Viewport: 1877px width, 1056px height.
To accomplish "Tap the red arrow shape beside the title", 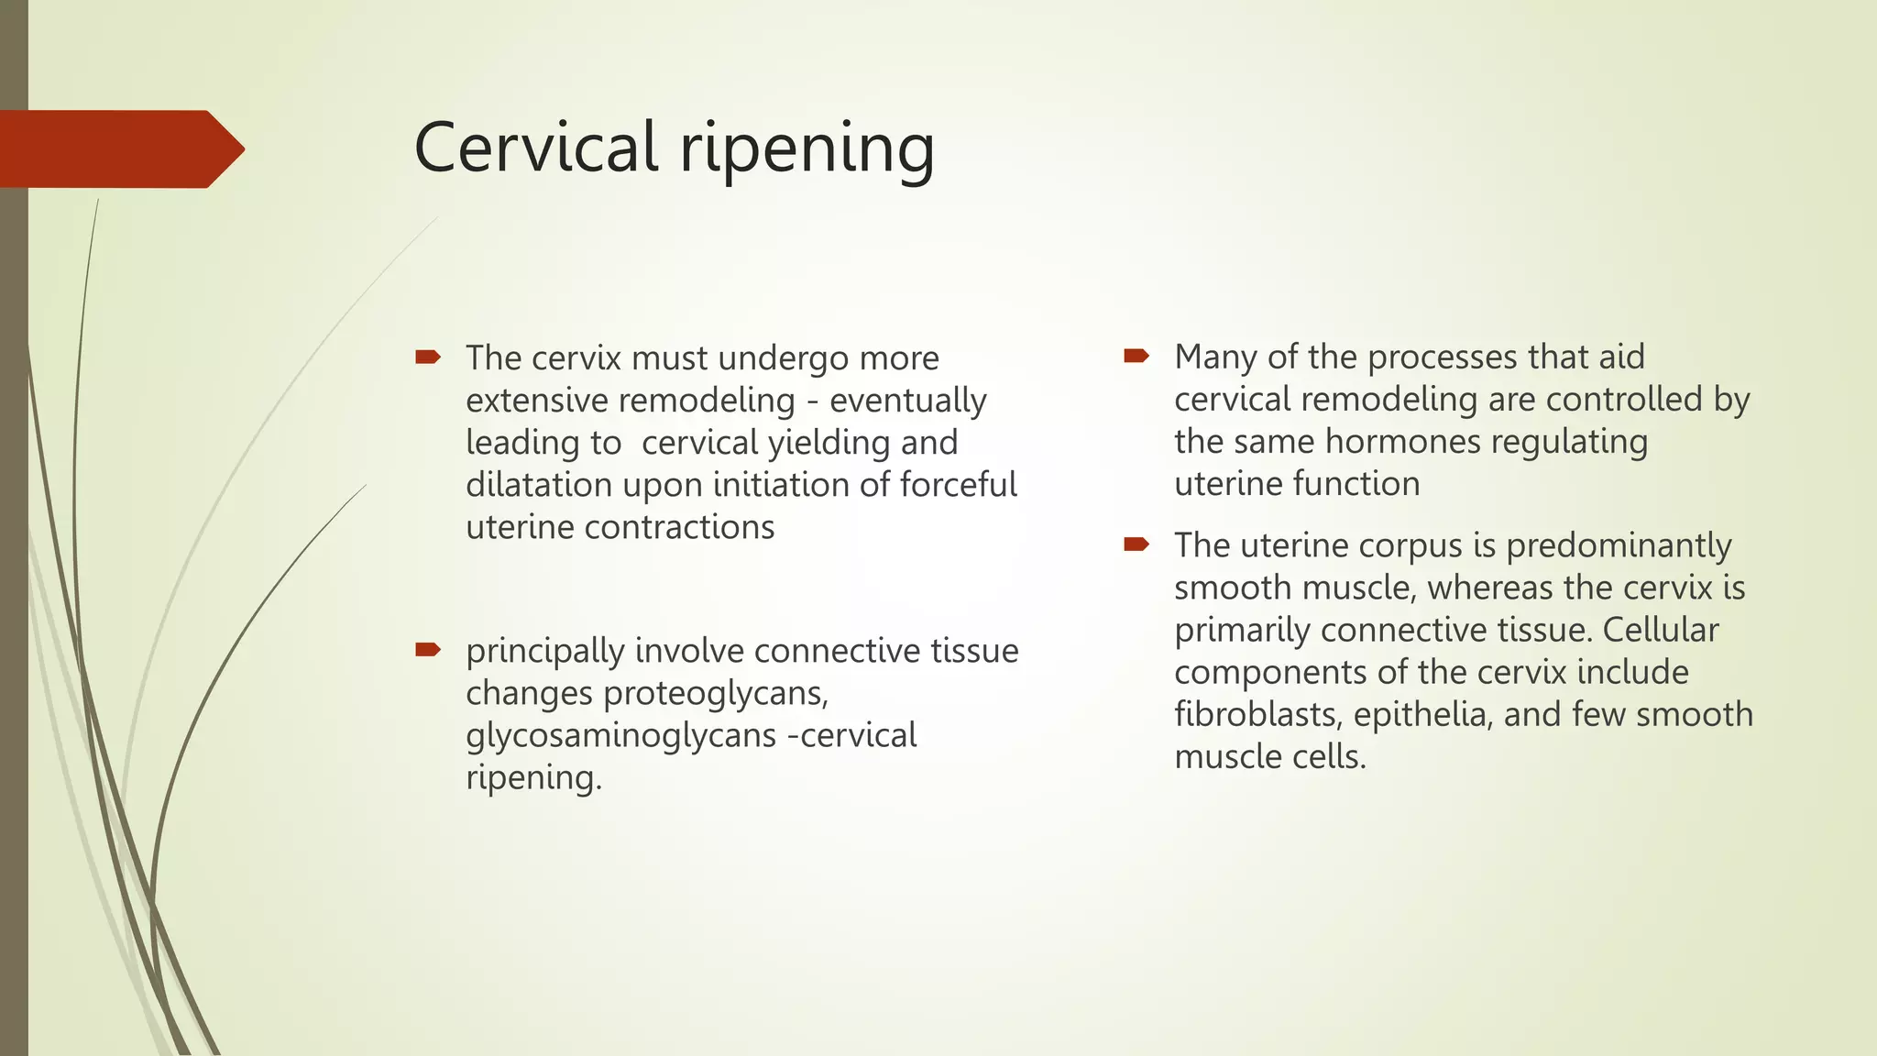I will tap(119, 149).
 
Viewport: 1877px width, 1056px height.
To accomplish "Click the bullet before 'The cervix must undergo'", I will tap(428, 357).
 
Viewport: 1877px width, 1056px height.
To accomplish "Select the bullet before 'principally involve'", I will tap(428, 651).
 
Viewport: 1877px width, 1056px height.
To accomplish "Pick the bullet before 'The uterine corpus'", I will tap(1136, 545).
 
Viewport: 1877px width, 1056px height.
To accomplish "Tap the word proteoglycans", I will tap(715, 694).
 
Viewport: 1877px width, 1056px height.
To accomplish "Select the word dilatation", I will tap(538, 484).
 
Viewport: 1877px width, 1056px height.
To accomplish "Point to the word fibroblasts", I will tap(1257, 714).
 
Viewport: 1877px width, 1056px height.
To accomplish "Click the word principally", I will tap(544, 652).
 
